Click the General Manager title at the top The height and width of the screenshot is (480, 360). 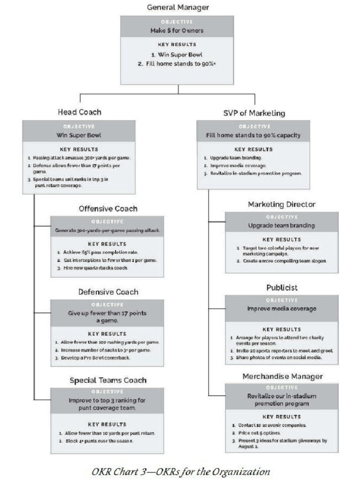pos(178,7)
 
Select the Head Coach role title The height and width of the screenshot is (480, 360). pos(79,112)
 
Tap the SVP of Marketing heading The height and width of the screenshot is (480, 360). pos(254,113)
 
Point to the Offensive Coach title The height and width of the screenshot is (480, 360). pos(108,209)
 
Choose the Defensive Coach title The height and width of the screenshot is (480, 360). pos(108,292)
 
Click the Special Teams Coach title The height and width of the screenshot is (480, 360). pos(108,380)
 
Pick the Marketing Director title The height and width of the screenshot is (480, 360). pos(281,204)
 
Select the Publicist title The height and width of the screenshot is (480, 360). pos(282,287)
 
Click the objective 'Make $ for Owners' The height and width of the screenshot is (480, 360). pos(177,30)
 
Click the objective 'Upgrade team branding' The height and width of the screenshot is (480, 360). pos(281,225)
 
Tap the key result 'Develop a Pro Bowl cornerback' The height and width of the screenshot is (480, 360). pos(98,358)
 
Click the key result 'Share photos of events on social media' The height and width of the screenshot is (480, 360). pos(279,358)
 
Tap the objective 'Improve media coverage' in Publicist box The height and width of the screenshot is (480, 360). pos(281,309)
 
